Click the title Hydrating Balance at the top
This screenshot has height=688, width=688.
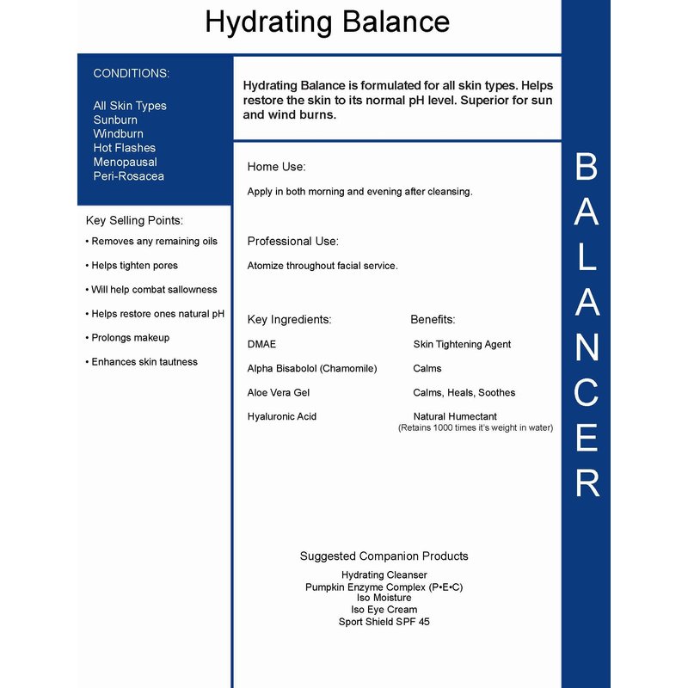coord(327,22)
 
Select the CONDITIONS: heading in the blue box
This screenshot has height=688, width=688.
coord(132,74)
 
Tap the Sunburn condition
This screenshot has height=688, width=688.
coord(115,120)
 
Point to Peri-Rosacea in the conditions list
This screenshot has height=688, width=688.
coord(128,176)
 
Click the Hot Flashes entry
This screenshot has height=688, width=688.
coord(124,148)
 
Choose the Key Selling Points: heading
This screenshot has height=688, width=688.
coord(134,221)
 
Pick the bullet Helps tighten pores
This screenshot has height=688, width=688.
coord(134,266)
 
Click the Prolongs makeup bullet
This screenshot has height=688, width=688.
coord(130,338)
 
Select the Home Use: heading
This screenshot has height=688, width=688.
coord(276,167)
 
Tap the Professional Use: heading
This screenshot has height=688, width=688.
coord(292,242)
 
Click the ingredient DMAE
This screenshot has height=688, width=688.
coord(261,344)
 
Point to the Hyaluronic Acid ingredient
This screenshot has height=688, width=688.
coord(281,416)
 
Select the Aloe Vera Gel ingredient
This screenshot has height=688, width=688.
coord(278,392)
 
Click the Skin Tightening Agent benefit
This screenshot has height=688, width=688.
coord(462,344)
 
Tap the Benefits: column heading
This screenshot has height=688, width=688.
coord(433,320)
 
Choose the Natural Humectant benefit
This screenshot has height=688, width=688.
coord(455,416)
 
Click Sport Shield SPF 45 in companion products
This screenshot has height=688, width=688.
coord(384,621)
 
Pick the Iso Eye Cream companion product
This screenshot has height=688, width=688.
coord(384,609)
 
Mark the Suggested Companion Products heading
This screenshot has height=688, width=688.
coord(384,556)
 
